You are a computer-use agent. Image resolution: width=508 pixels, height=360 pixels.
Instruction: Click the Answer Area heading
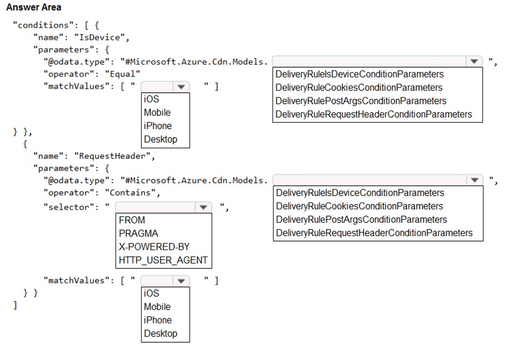[x=34, y=7]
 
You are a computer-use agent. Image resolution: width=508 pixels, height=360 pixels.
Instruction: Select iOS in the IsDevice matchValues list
[x=151, y=99]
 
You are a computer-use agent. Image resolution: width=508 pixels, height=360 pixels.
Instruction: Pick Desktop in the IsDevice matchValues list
[x=160, y=139]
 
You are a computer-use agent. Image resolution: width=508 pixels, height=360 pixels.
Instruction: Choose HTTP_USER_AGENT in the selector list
[x=163, y=260]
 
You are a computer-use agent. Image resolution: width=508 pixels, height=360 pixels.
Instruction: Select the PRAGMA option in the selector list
[x=138, y=233]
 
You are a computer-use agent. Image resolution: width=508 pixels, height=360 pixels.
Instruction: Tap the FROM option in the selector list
[x=132, y=220]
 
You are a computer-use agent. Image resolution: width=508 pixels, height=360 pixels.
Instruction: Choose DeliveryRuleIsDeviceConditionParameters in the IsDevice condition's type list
[x=359, y=74]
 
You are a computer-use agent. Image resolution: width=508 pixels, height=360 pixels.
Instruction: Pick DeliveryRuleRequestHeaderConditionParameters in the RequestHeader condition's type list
[x=374, y=233]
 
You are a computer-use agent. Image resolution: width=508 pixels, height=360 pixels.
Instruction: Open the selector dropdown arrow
[x=203, y=207]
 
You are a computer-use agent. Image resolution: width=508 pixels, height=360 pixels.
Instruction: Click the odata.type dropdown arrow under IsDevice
[x=474, y=62]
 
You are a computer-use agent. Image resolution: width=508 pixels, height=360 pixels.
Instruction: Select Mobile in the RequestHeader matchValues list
[x=157, y=307]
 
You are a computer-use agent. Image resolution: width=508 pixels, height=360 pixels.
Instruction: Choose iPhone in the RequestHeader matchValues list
[x=158, y=320]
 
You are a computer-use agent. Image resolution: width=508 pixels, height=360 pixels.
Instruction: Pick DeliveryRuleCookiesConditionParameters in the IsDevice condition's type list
[x=359, y=87]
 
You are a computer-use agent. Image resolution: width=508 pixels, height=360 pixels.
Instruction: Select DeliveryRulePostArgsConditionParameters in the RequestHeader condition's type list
[x=361, y=219]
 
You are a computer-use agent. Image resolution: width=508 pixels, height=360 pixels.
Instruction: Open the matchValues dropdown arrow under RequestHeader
[x=181, y=281]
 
